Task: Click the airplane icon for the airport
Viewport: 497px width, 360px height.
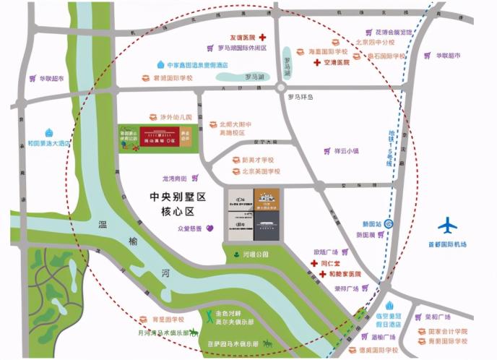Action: click(x=447, y=226)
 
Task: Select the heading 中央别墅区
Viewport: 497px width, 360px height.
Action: click(x=178, y=197)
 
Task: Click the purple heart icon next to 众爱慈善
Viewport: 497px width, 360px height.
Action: click(x=210, y=228)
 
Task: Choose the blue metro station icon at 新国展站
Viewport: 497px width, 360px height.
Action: click(x=390, y=223)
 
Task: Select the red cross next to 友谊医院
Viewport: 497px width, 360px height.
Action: click(x=264, y=38)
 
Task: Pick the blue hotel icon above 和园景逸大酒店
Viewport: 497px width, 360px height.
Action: click(x=49, y=133)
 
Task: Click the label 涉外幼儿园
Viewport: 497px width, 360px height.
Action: click(x=176, y=117)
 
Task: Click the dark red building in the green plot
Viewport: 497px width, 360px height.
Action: click(x=157, y=137)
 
